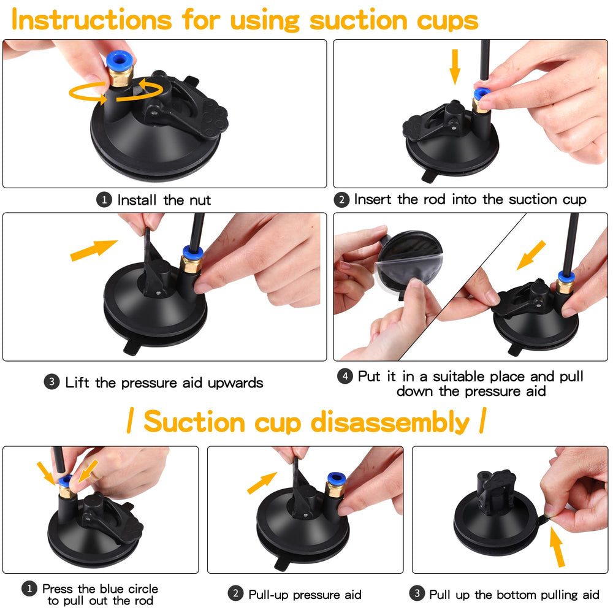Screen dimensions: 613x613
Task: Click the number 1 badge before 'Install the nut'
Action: coord(105,200)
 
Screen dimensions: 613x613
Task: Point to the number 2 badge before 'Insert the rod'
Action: coord(343,200)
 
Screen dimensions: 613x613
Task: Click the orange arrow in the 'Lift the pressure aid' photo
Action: coord(93,250)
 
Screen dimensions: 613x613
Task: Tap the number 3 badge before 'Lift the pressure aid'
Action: coord(51,383)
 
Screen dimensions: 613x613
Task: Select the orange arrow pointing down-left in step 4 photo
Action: coord(530,254)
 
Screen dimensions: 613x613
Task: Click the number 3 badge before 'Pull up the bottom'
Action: coord(417,593)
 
